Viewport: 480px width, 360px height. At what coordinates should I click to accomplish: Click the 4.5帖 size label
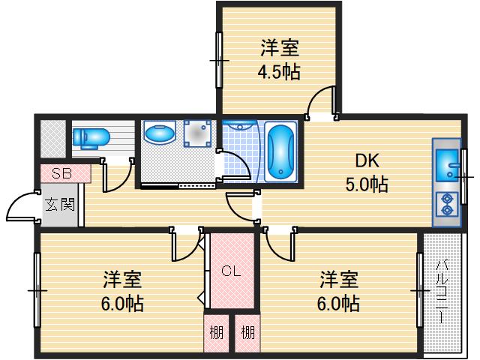280,73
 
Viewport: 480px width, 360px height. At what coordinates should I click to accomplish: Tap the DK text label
367,160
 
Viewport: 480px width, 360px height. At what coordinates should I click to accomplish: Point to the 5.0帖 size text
367,184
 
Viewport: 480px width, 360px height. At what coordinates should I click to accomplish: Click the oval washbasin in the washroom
159,134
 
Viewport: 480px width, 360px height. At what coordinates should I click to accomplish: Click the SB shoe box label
62,173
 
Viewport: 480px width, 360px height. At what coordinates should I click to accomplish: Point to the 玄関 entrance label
59,203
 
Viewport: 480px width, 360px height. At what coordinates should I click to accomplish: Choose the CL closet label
230,271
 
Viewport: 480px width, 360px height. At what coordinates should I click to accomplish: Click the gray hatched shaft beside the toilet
52,139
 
